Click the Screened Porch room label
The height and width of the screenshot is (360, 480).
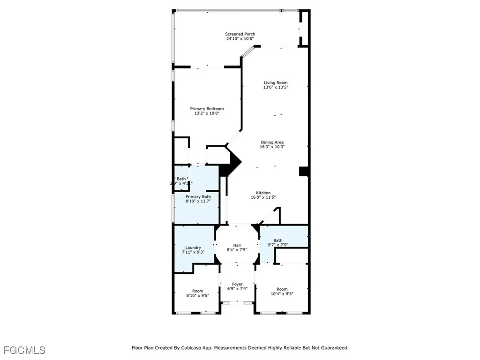pos(240,34)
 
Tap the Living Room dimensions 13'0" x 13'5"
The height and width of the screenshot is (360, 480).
pos(275,87)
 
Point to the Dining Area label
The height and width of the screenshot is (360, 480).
pos(272,142)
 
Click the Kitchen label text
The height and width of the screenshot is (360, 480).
pos(263,193)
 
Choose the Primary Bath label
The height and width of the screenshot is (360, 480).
pos(198,196)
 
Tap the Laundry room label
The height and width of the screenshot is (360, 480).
pos(193,247)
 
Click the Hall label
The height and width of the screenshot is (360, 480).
pos(237,245)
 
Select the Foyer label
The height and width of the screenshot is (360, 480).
pos(237,284)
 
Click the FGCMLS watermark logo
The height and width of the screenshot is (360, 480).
pos(24,350)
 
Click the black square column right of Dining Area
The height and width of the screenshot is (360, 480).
pos(303,171)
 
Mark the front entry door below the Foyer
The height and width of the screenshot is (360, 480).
pos(237,303)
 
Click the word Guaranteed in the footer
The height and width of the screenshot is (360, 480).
pos(332,348)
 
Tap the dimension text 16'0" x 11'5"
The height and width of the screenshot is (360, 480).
pos(263,197)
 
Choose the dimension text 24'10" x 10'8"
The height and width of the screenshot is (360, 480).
pos(240,38)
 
